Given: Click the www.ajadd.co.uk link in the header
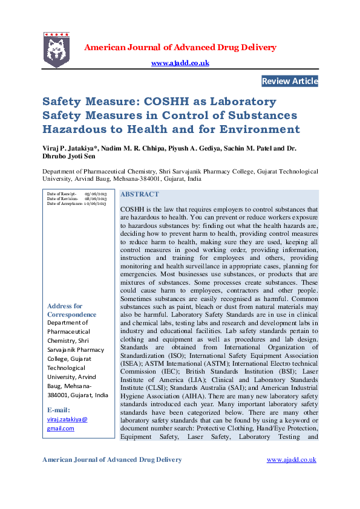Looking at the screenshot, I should coord(180,63).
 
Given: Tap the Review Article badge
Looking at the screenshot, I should coord(289,81).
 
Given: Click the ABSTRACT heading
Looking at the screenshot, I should coord(140,195).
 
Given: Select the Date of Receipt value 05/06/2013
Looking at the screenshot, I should coord(96,193).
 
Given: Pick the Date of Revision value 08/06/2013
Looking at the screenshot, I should coord(96,199).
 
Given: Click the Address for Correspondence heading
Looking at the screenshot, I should coord(71,310).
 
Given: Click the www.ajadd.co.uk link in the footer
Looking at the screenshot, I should coord(291,460).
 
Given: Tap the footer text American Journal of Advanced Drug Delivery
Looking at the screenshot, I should coord(112,460).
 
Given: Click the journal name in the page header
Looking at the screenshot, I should coord(180,47).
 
